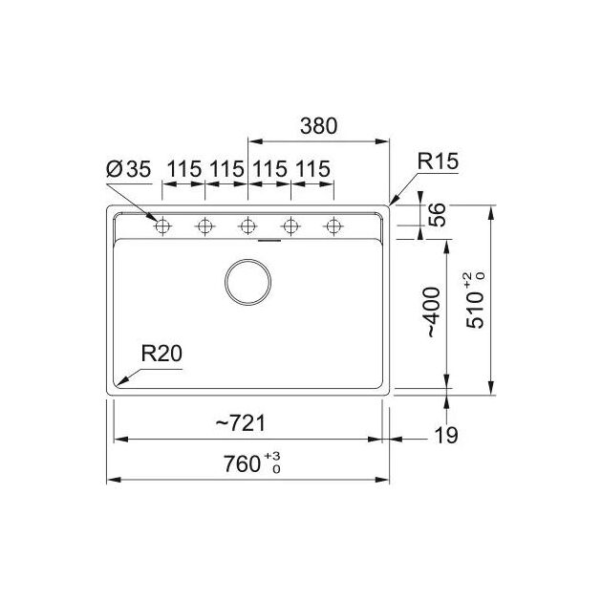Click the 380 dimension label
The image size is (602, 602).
318,126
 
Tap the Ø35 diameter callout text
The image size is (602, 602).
129,169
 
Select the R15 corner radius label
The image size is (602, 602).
438,161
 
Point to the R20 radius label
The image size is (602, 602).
161,354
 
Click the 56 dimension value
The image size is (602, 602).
437,215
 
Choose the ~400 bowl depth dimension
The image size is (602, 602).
433,312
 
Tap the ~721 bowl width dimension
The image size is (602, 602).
241,423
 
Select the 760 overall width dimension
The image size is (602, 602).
242,463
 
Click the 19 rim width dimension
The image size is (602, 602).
446,436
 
